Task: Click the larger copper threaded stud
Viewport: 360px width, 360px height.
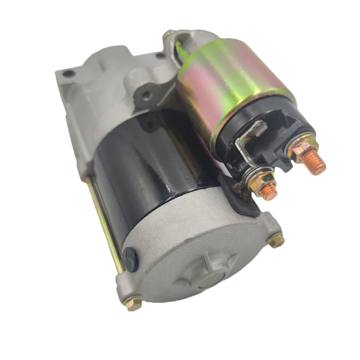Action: tap(312, 162)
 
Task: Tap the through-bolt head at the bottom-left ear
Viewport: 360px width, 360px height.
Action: tap(134, 303)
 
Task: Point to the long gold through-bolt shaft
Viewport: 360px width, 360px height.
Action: tap(104, 223)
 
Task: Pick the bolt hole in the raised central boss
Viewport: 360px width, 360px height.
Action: tap(146, 95)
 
